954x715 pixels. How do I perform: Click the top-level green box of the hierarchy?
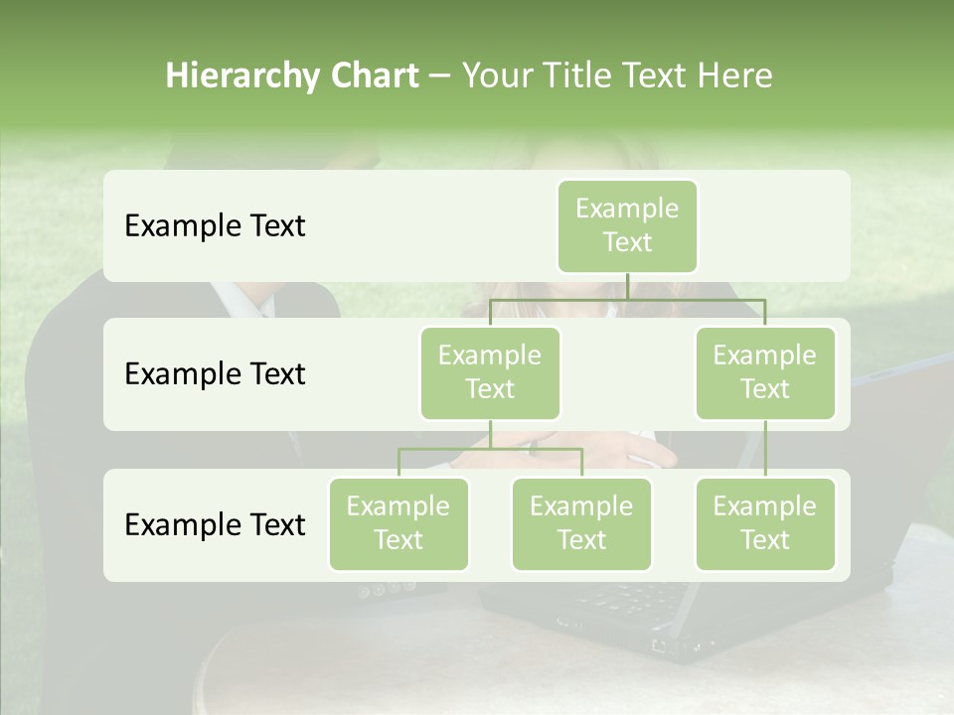coord(627,225)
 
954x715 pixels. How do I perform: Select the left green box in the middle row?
coord(490,372)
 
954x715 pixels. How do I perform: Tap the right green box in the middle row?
coord(764,372)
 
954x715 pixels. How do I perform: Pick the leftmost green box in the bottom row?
coord(398,523)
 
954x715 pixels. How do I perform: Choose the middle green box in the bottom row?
coord(581,523)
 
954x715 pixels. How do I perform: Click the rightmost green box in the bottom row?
coord(764,523)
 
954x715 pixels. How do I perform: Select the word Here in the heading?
coord(734,75)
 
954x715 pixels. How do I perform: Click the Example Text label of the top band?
coord(215,225)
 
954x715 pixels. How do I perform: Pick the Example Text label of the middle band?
coord(215,373)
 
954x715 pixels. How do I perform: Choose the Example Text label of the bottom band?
coord(215,524)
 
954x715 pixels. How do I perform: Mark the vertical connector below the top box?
coord(627,286)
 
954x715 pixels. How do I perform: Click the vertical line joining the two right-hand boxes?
coord(765,448)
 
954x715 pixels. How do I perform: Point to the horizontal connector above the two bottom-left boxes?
coord(490,449)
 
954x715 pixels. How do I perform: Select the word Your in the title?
coord(495,75)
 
